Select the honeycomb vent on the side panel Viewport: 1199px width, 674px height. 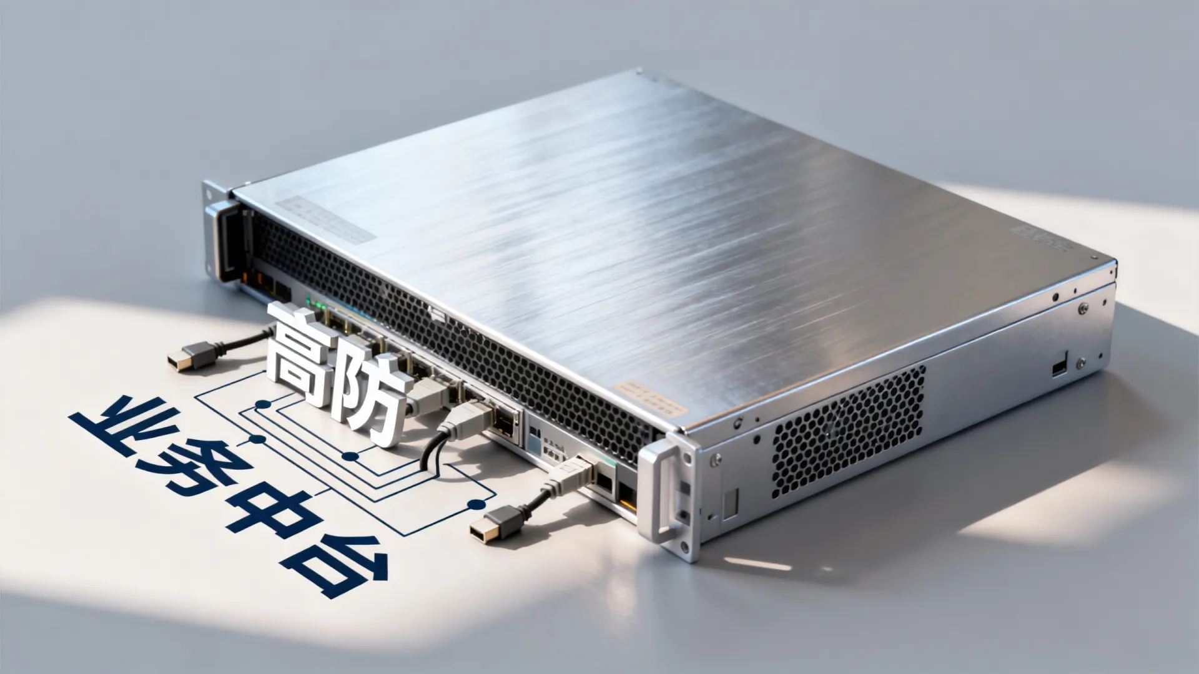pos(849,431)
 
